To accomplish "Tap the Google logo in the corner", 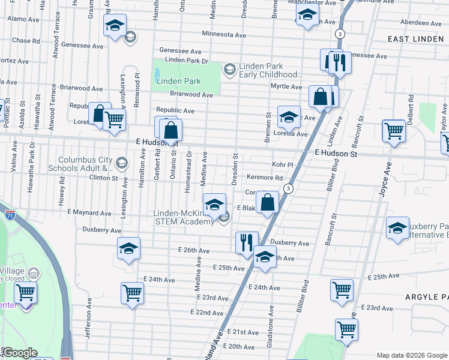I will (20, 353).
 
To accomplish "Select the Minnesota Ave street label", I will (224, 34).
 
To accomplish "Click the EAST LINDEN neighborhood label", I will (415, 39).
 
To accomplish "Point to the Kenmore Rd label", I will (264, 178).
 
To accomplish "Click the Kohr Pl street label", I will (282, 164).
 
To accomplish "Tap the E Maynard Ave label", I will (89, 213).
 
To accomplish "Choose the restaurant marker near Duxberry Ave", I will (247, 242).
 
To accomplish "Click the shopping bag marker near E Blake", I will (268, 202).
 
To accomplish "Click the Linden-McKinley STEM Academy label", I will (184, 218).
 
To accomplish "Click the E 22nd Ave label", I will (207, 313).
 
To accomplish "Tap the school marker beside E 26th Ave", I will (128, 248).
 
